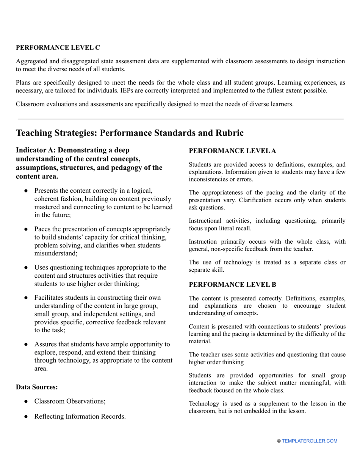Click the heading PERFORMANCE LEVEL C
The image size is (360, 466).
click(58, 47)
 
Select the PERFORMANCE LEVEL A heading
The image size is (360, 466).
click(232, 151)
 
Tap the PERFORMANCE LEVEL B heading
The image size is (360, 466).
click(232, 285)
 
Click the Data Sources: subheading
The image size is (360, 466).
click(37, 387)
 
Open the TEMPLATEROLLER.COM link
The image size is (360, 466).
click(309, 441)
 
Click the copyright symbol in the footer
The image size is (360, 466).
click(279, 441)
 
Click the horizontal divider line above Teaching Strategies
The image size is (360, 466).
click(180, 119)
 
